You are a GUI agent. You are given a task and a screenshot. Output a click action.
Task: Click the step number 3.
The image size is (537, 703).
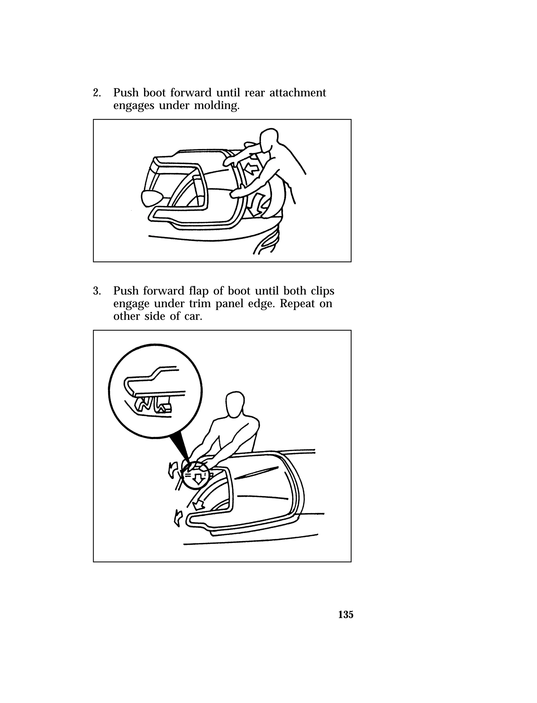coord(96,291)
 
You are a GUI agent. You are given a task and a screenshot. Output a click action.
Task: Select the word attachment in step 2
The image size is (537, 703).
coord(298,93)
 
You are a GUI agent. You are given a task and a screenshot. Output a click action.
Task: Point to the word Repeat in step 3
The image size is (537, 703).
coord(297,303)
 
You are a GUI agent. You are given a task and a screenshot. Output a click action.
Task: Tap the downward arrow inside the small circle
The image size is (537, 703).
coord(198,479)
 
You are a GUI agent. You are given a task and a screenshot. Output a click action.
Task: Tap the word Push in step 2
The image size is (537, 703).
coord(126,93)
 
